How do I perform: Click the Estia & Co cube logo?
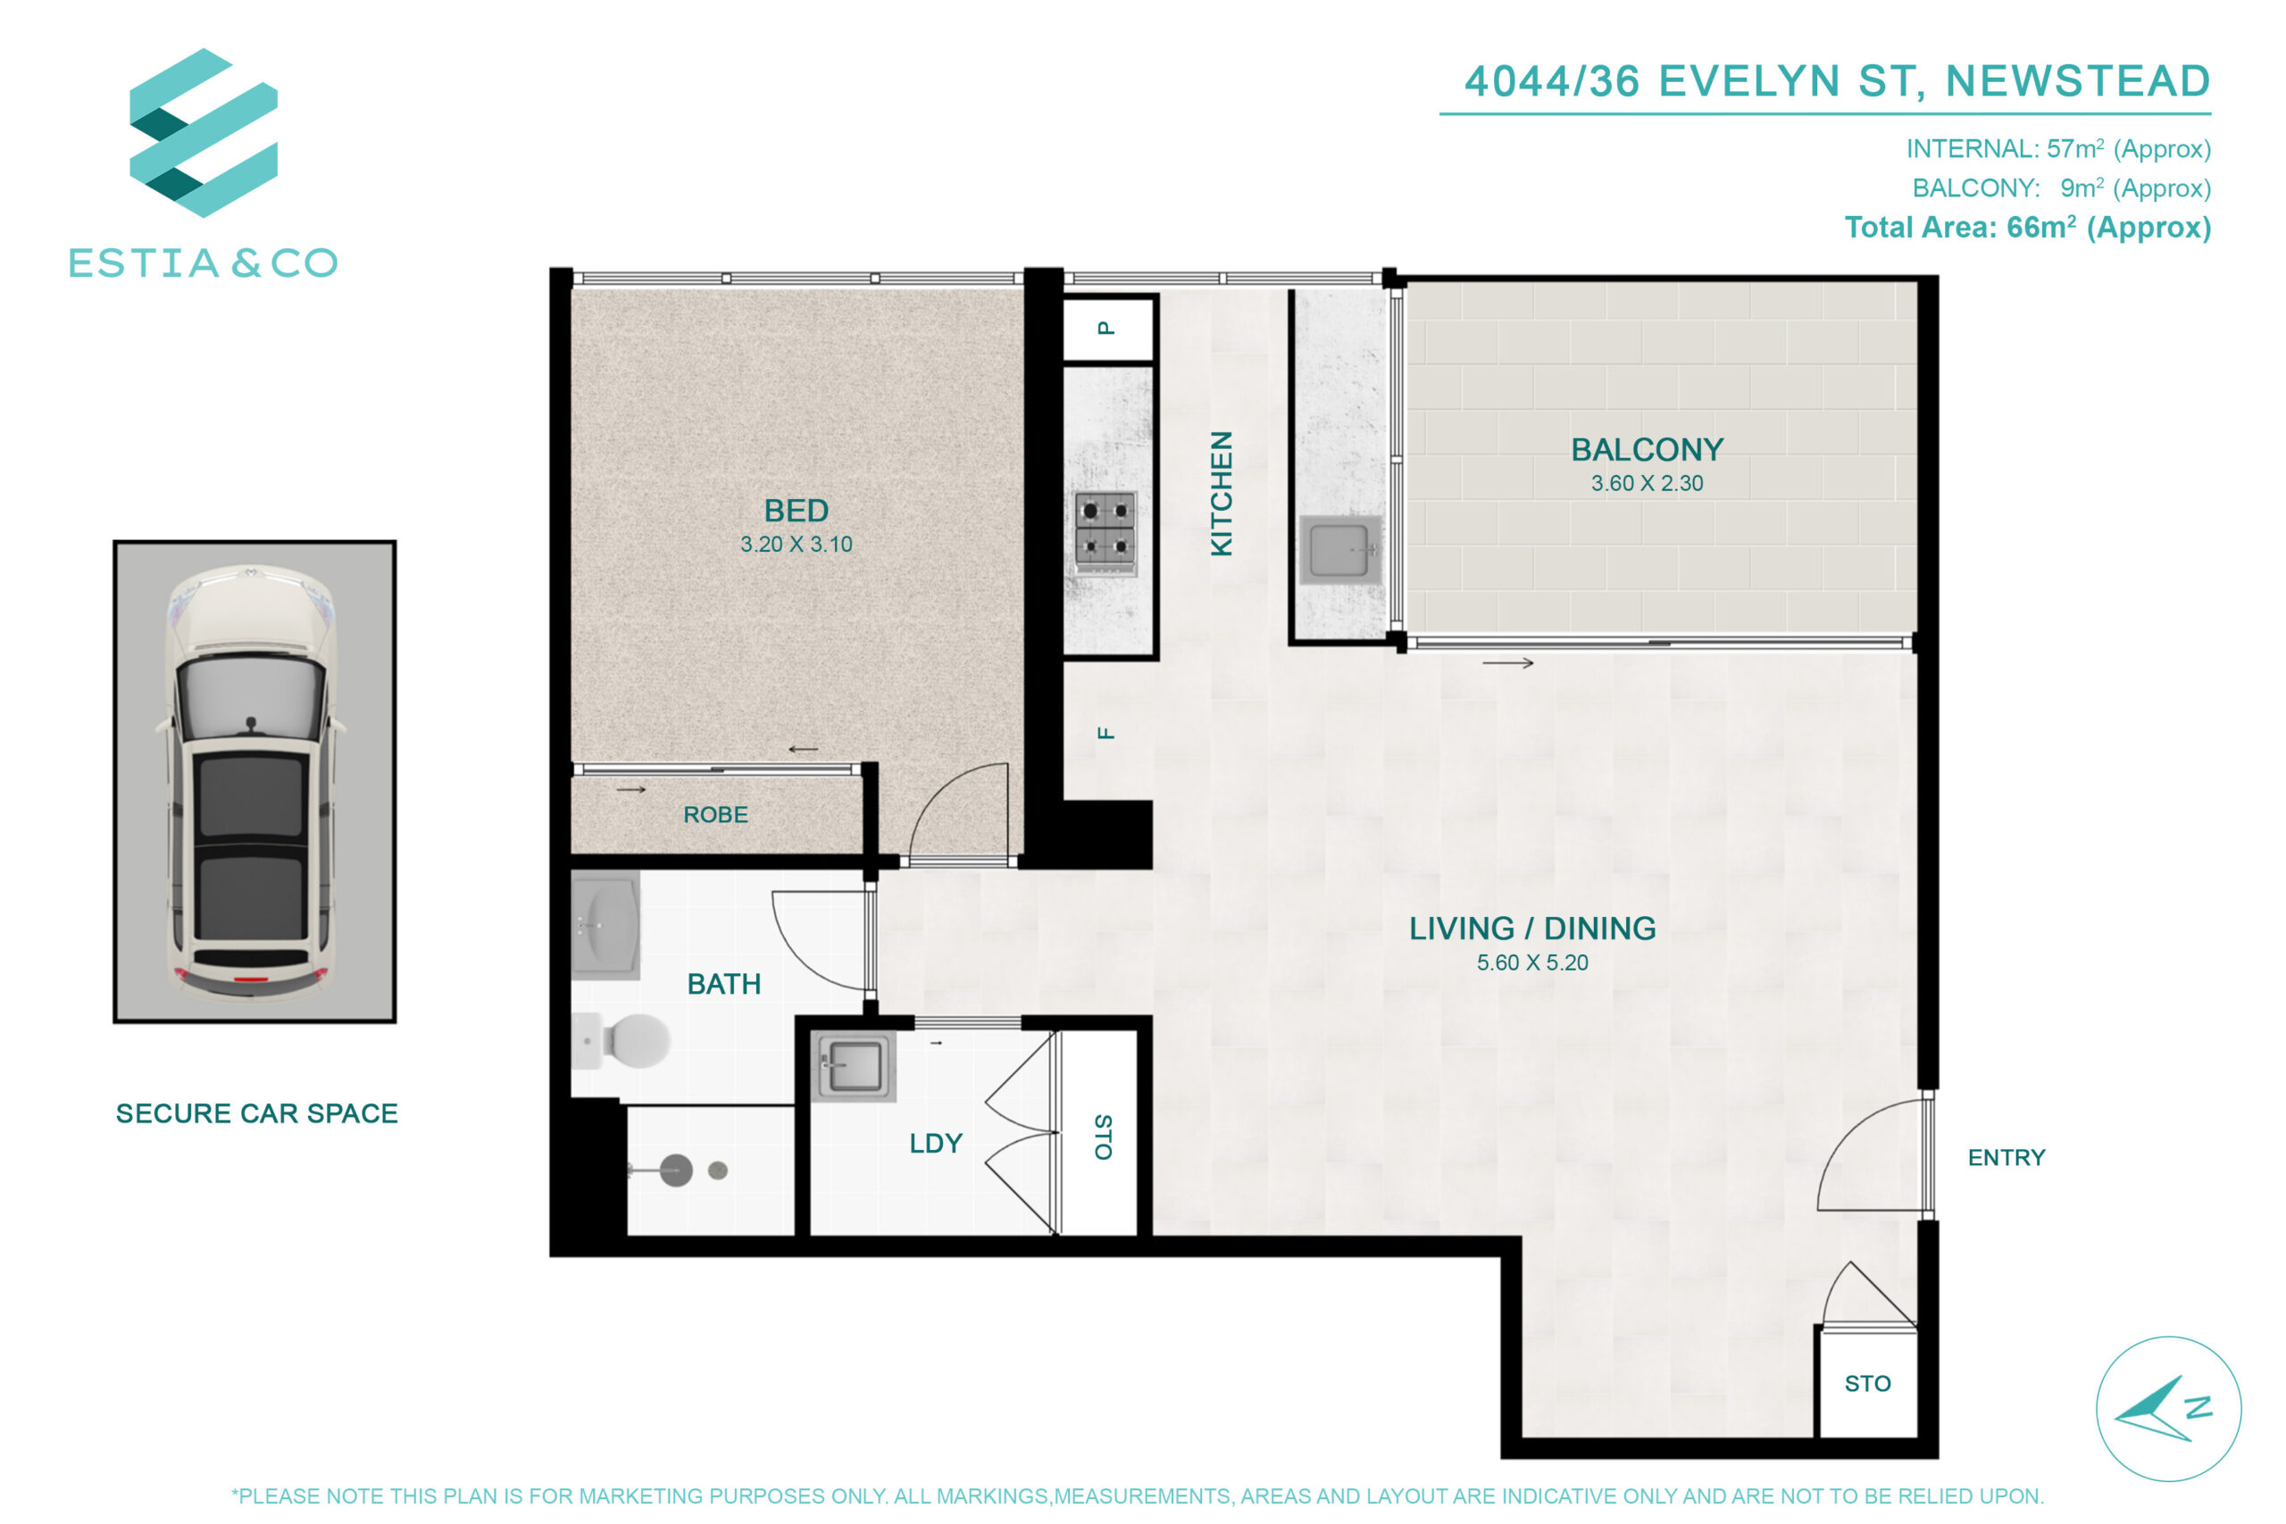[x=203, y=132]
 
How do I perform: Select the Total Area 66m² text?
[x=2027, y=228]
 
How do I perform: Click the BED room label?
[x=796, y=511]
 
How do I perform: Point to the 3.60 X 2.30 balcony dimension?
[x=1647, y=483]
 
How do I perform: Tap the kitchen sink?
[x=1340, y=550]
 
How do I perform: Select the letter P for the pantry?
[x=1106, y=329]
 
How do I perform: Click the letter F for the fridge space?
[x=1106, y=733]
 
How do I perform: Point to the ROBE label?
[x=715, y=814]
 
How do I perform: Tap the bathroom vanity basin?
[x=605, y=924]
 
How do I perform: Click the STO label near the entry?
[x=1867, y=1383]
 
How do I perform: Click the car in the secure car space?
[x=252, y=782]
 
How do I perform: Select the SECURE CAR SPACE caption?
[x=256, y=1113]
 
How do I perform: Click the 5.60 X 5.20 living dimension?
[x=1531, y=962]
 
